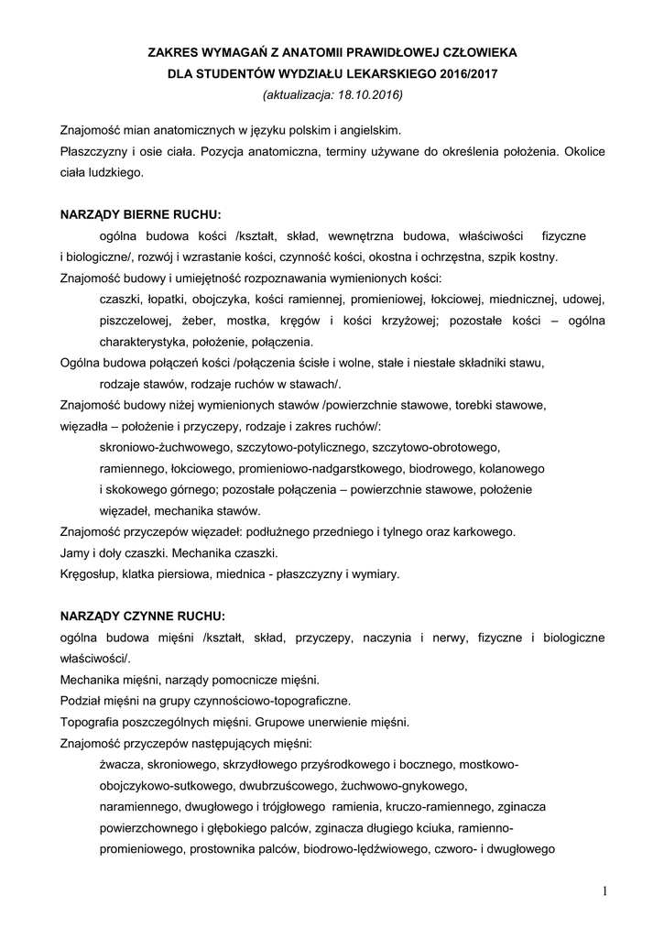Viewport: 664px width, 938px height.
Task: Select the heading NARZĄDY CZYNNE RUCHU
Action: pyautogui.click(x=142, y=616)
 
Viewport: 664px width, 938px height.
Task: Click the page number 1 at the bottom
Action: pyautogui.click(x=605, y=891)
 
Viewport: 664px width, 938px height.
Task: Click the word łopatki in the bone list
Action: pyautogui.click(x=165, y=300)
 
